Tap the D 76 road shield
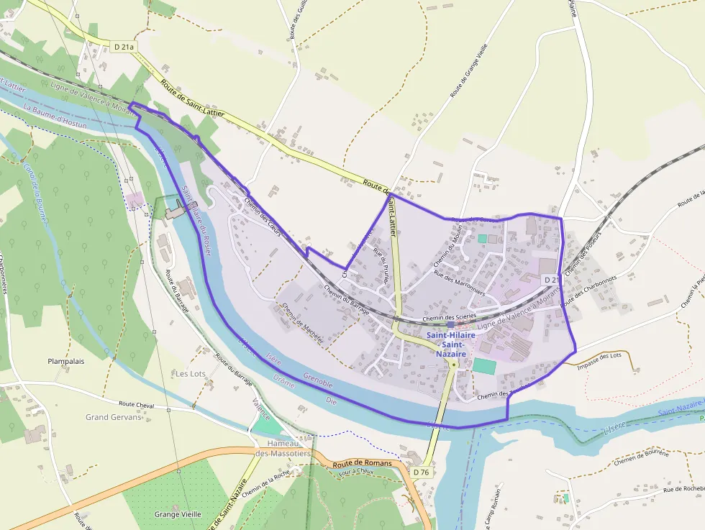point(422,472)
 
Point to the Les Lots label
point(191,374)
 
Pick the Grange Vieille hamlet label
point(178,514)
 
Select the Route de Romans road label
point(363,464)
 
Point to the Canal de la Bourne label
point(37,193)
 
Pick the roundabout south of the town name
point(453,365)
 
